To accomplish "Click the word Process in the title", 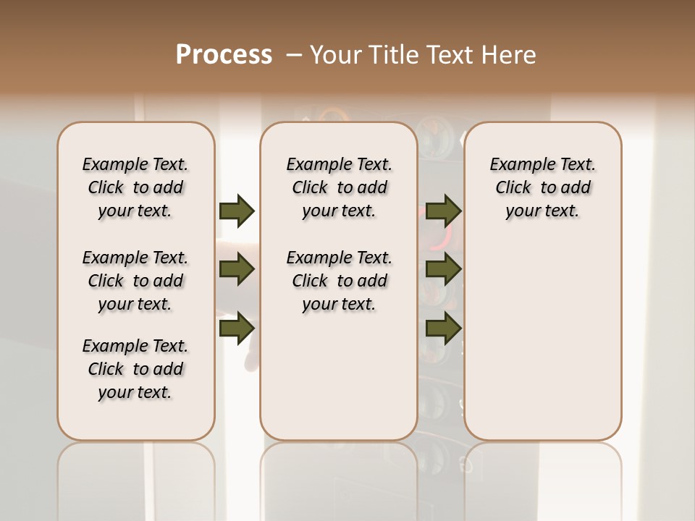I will click(x=224, y=55).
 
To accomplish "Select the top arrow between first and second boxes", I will click(x=237, y=211).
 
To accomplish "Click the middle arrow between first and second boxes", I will click(x=237, y=270).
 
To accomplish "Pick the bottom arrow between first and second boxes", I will click(x=237, y=328).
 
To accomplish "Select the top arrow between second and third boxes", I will click(x=443, y=211).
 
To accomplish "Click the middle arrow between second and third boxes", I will click(x=443, y=270).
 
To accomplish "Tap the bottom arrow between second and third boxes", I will click(x=443, y=328).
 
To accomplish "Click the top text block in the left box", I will click(x=135, y=187).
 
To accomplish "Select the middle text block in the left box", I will click(x=135, y=281).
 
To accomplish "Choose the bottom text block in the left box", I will click(x=135, y=369).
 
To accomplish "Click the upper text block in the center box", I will click(x=339, y=187).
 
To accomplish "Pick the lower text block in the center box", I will click(x=339, y=281).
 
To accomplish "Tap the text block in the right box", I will click(x=543, y=187).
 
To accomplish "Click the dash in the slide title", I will click(x=294, y=55).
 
